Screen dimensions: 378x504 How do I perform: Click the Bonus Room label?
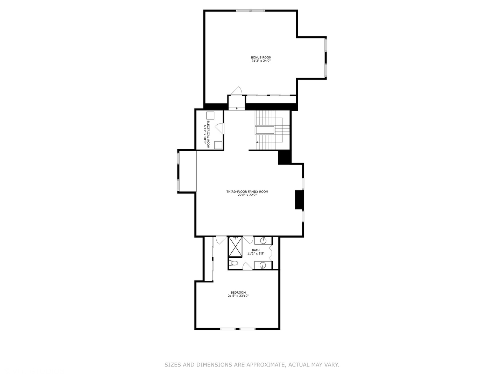tap(261, 57)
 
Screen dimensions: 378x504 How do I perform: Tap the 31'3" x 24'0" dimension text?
tap(261, 61)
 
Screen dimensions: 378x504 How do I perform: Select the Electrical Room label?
tap(208, 134)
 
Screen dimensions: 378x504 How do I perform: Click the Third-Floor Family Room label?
tap(247, 191)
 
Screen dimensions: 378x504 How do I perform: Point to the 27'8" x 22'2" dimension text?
tap(247, 195)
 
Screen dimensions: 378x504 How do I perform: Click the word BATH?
tap(256, 250)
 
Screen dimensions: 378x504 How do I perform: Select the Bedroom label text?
tap(238, 292)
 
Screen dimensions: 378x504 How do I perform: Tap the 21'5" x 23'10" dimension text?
tap(238, 296)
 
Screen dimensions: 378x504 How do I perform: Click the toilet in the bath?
tap(234, 263)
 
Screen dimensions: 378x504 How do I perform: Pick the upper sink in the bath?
tap(263, 241)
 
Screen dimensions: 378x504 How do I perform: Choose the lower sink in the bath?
tap(263, 265)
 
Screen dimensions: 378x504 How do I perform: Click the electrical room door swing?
tap(219, 128)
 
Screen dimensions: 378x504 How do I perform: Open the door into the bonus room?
tap(236, 91)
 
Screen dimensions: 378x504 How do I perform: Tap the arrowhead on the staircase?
tap(257, 142)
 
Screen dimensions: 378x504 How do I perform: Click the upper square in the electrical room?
tap(210, 115)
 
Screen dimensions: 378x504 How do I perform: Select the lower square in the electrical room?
tap(218, 145)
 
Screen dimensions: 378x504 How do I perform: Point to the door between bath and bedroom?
tap(247, 267)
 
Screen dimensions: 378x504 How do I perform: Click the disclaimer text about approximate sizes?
tap(252, 365)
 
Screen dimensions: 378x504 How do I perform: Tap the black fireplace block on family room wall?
tap(299, 200)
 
